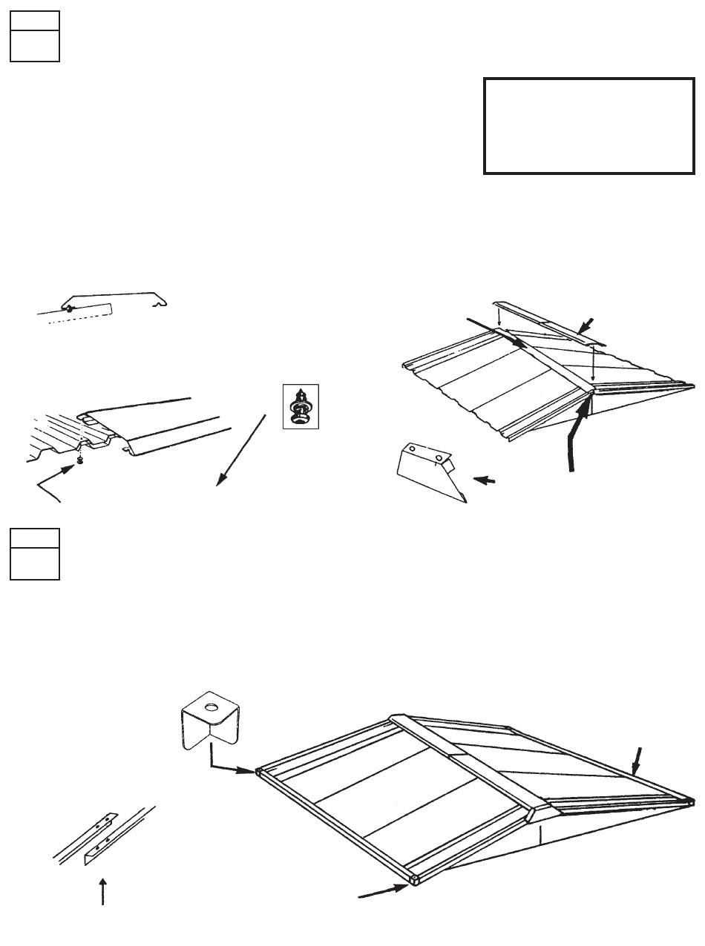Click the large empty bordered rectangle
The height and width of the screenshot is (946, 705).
(588, 126)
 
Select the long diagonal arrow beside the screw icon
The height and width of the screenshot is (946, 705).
(241, 449)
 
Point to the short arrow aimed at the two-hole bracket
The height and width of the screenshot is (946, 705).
(485, 480)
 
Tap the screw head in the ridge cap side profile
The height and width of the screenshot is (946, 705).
(68, 308)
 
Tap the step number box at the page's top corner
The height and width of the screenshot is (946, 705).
(34, 36)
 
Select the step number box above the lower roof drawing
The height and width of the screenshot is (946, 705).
(34, 554)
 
